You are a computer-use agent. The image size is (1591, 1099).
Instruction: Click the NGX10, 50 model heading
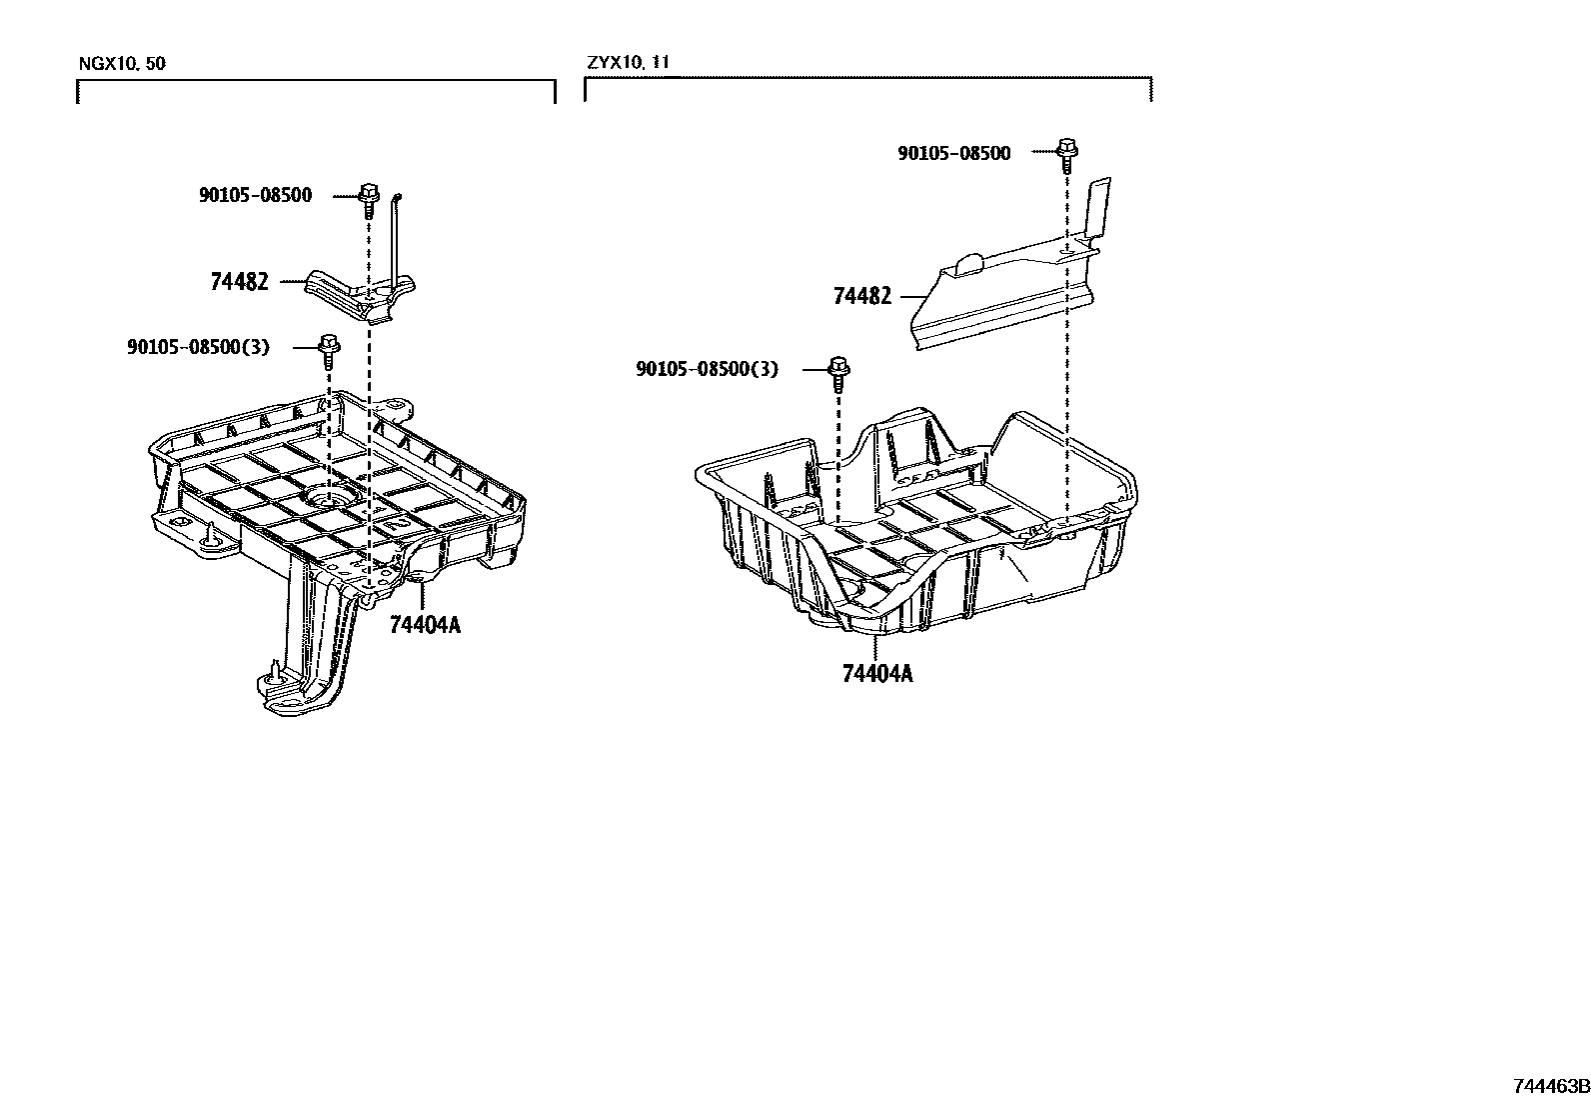pos(122,64)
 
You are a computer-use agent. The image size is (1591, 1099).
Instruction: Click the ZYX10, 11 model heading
pos(628,62)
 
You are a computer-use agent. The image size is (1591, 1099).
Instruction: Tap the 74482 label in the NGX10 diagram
pos(239,282)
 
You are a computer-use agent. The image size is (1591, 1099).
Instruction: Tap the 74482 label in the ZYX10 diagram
pos(861,296)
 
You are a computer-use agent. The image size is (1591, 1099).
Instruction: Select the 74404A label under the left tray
pos(425,626)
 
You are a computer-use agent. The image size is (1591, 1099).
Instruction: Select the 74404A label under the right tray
pos(877,673)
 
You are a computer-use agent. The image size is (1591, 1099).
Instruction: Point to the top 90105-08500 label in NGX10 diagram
pos(255,195)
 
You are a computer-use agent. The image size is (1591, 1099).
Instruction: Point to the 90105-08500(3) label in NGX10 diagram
pos(198,347)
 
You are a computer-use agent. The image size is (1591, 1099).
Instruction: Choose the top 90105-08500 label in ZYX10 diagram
pos(953,153)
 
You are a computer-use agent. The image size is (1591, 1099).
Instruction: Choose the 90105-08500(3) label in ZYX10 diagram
pos(706,369)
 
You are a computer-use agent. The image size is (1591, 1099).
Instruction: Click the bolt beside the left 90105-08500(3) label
pos(326,349)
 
